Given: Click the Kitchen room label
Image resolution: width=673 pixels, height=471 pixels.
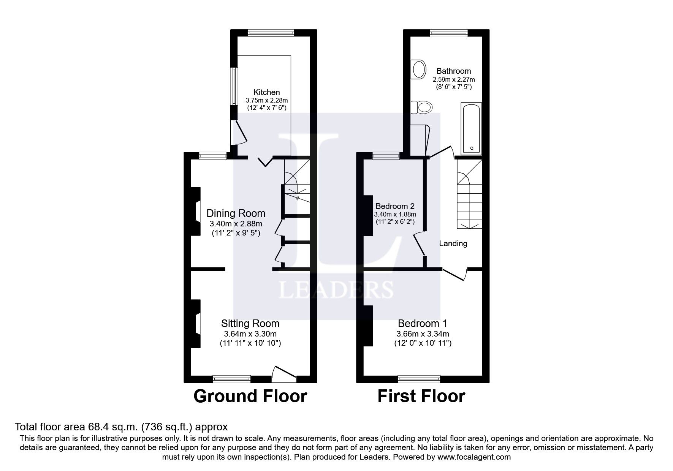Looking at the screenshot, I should click(x=266, y=92).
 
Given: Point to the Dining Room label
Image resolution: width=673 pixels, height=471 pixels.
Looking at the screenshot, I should click(x=236, y=213).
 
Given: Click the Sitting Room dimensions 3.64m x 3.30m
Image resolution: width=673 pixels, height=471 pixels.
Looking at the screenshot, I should click(x=250, y=334).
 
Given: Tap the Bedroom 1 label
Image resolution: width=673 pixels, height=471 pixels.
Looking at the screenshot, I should click(x=422, y=324).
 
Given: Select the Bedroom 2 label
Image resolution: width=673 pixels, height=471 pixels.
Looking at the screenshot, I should click(x=395, y=206).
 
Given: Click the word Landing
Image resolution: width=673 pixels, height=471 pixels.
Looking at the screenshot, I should click(x=453, y=243).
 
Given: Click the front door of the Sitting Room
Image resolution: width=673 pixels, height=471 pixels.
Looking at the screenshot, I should click(x=284, y=374).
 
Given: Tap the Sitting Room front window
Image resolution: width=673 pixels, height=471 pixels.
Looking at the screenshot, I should click(x=231, y=379).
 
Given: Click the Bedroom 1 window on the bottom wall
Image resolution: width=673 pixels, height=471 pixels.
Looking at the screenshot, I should click(x=419, y=379).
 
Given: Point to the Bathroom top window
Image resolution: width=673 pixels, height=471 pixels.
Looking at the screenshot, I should click(x=449, y=33).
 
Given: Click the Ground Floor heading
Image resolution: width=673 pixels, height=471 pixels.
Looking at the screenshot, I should click(x=250, y=397).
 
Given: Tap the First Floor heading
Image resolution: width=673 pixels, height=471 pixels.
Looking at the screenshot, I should click(x=421, y=397).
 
